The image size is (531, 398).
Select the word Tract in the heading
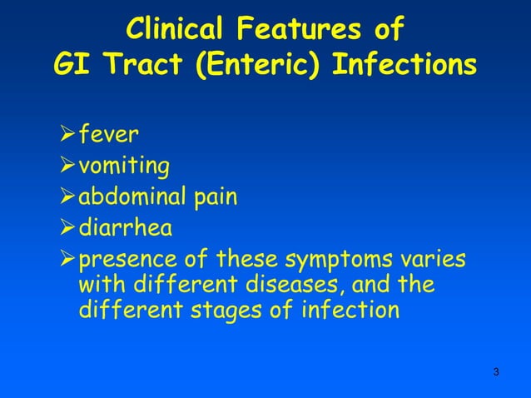(139, 65)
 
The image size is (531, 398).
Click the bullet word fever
(110, 136)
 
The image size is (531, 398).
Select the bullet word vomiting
(124, 167)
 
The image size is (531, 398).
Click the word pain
(218, 198)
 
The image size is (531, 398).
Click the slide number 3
(496, 371)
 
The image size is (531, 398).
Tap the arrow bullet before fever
(67, 136)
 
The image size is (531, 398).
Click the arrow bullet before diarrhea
(67, 227)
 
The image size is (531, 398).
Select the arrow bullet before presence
(67, 258)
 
